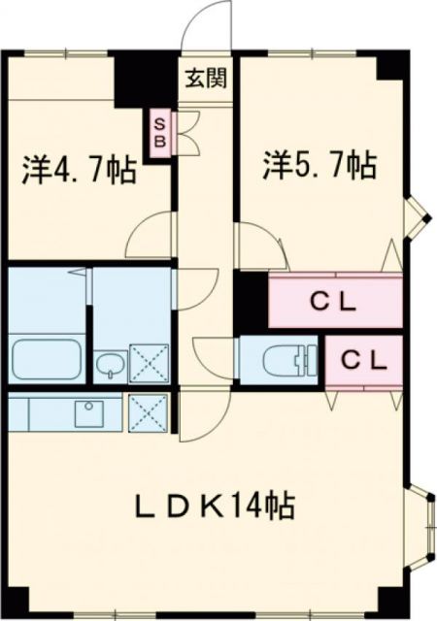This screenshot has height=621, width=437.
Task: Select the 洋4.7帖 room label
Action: tap(80, 176)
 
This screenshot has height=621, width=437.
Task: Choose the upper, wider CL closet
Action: tap(334, 300)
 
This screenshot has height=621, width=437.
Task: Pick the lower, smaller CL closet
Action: tap(363, 360)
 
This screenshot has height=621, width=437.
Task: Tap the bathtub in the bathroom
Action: tap(48, 361)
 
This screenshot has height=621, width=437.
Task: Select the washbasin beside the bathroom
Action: tap(109, 366)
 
